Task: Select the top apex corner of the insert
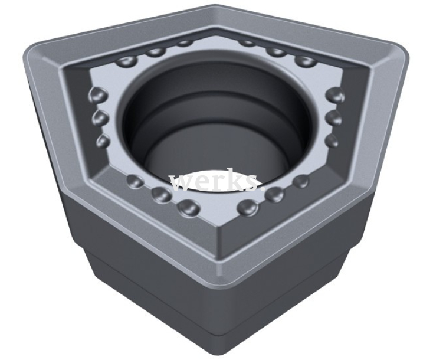pyautogui.click(x=216, y=8)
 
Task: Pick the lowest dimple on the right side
pyautogui.click(x=332, y=140)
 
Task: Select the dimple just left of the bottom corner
pyautogui.click(x=187, y=206)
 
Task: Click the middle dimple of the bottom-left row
pyautogui.click(x=160, y=194)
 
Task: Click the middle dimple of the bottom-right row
pyautogui.click(x=274, y=194)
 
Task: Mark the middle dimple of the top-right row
pyautogui.click(x=275, y=51)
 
